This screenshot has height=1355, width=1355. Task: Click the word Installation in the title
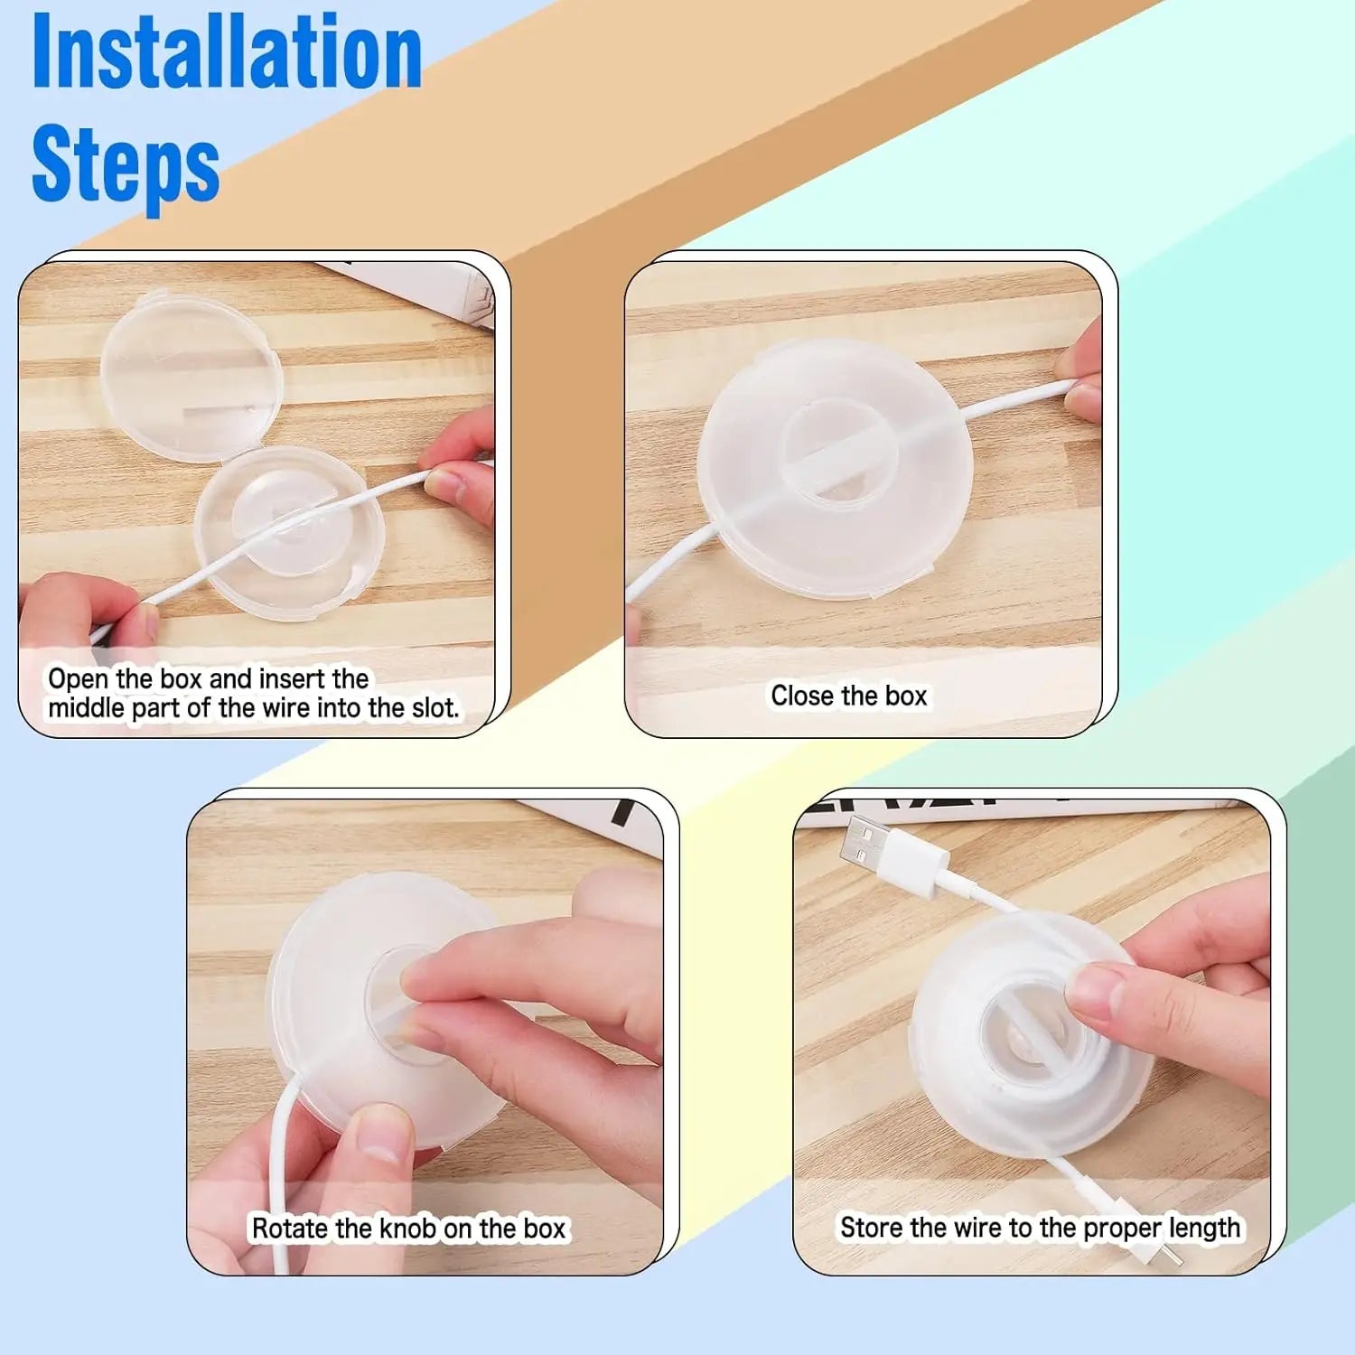tap(226, 54)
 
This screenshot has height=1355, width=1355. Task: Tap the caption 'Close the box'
tap(848, 696)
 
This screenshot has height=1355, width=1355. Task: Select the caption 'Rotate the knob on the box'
tap(408, 1229)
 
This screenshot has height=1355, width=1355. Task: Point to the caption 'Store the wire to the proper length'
tap(1040, 1228)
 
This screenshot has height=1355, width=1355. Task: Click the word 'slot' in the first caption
tap(435, 708)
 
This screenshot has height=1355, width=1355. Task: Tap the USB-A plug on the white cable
tap(873, 839)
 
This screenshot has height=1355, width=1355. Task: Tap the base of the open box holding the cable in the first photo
tap(289, 533)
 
